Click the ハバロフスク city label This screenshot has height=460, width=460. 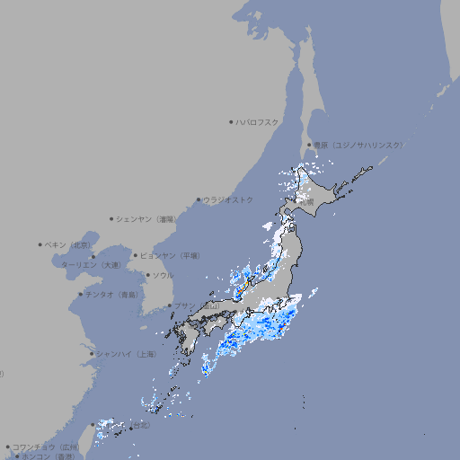257,122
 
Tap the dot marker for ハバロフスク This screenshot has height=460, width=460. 231,122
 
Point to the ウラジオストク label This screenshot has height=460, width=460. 228,199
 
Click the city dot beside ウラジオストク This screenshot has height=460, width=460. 199,199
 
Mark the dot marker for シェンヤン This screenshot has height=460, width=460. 111,218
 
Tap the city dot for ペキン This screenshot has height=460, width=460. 40,244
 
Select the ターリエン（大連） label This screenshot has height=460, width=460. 90,265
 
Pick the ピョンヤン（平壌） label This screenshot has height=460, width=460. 172,255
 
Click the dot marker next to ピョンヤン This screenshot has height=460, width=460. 136,255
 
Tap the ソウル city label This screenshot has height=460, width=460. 163,275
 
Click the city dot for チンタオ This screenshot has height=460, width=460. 79,294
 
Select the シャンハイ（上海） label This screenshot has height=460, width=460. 126,354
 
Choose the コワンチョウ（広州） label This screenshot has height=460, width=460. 45,447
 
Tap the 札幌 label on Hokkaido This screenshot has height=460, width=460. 307,203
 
